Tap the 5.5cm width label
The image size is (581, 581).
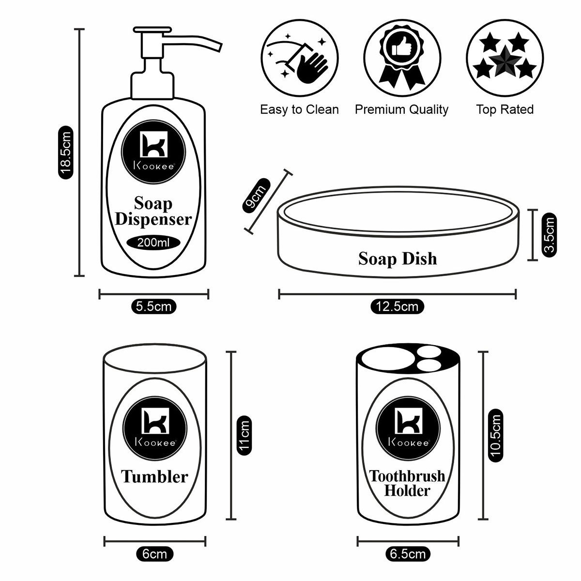pos(153,306)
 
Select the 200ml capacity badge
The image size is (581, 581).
pos(153,243)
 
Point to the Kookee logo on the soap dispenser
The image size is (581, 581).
pos(153,150)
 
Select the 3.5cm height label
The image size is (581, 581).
pos(549,235)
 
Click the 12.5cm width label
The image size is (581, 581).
pos(397,306)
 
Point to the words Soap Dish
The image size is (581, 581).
pos(398,259)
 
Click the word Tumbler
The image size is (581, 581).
pos(154,476)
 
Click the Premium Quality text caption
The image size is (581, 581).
pos(402,110)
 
